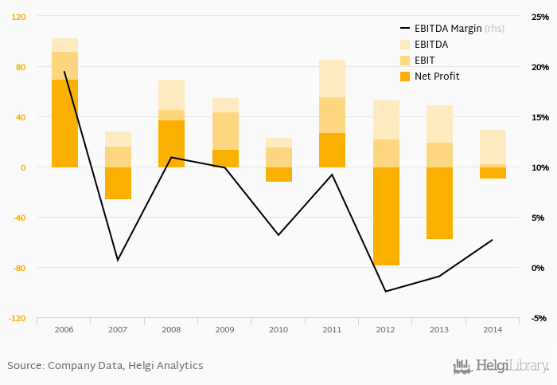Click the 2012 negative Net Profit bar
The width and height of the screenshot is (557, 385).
386,216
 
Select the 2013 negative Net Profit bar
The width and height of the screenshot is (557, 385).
439,202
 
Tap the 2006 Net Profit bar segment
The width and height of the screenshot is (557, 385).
64,124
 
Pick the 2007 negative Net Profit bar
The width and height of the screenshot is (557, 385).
118,183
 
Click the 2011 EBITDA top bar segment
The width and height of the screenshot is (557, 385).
332,78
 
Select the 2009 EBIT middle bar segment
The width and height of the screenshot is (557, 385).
225,131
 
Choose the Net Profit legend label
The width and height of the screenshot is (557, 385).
437,77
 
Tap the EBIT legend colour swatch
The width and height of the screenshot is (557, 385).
404,61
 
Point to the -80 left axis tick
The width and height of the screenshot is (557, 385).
20,268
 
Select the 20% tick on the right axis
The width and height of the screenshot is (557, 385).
540,67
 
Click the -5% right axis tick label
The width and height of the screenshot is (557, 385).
540,318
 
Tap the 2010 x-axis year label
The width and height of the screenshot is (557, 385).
278,328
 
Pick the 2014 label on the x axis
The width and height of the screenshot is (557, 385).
493,328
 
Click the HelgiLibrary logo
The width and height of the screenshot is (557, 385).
501,366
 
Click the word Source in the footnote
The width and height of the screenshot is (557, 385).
25,366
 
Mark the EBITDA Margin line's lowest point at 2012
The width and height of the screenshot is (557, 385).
386,291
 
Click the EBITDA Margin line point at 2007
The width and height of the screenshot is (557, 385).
118,260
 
